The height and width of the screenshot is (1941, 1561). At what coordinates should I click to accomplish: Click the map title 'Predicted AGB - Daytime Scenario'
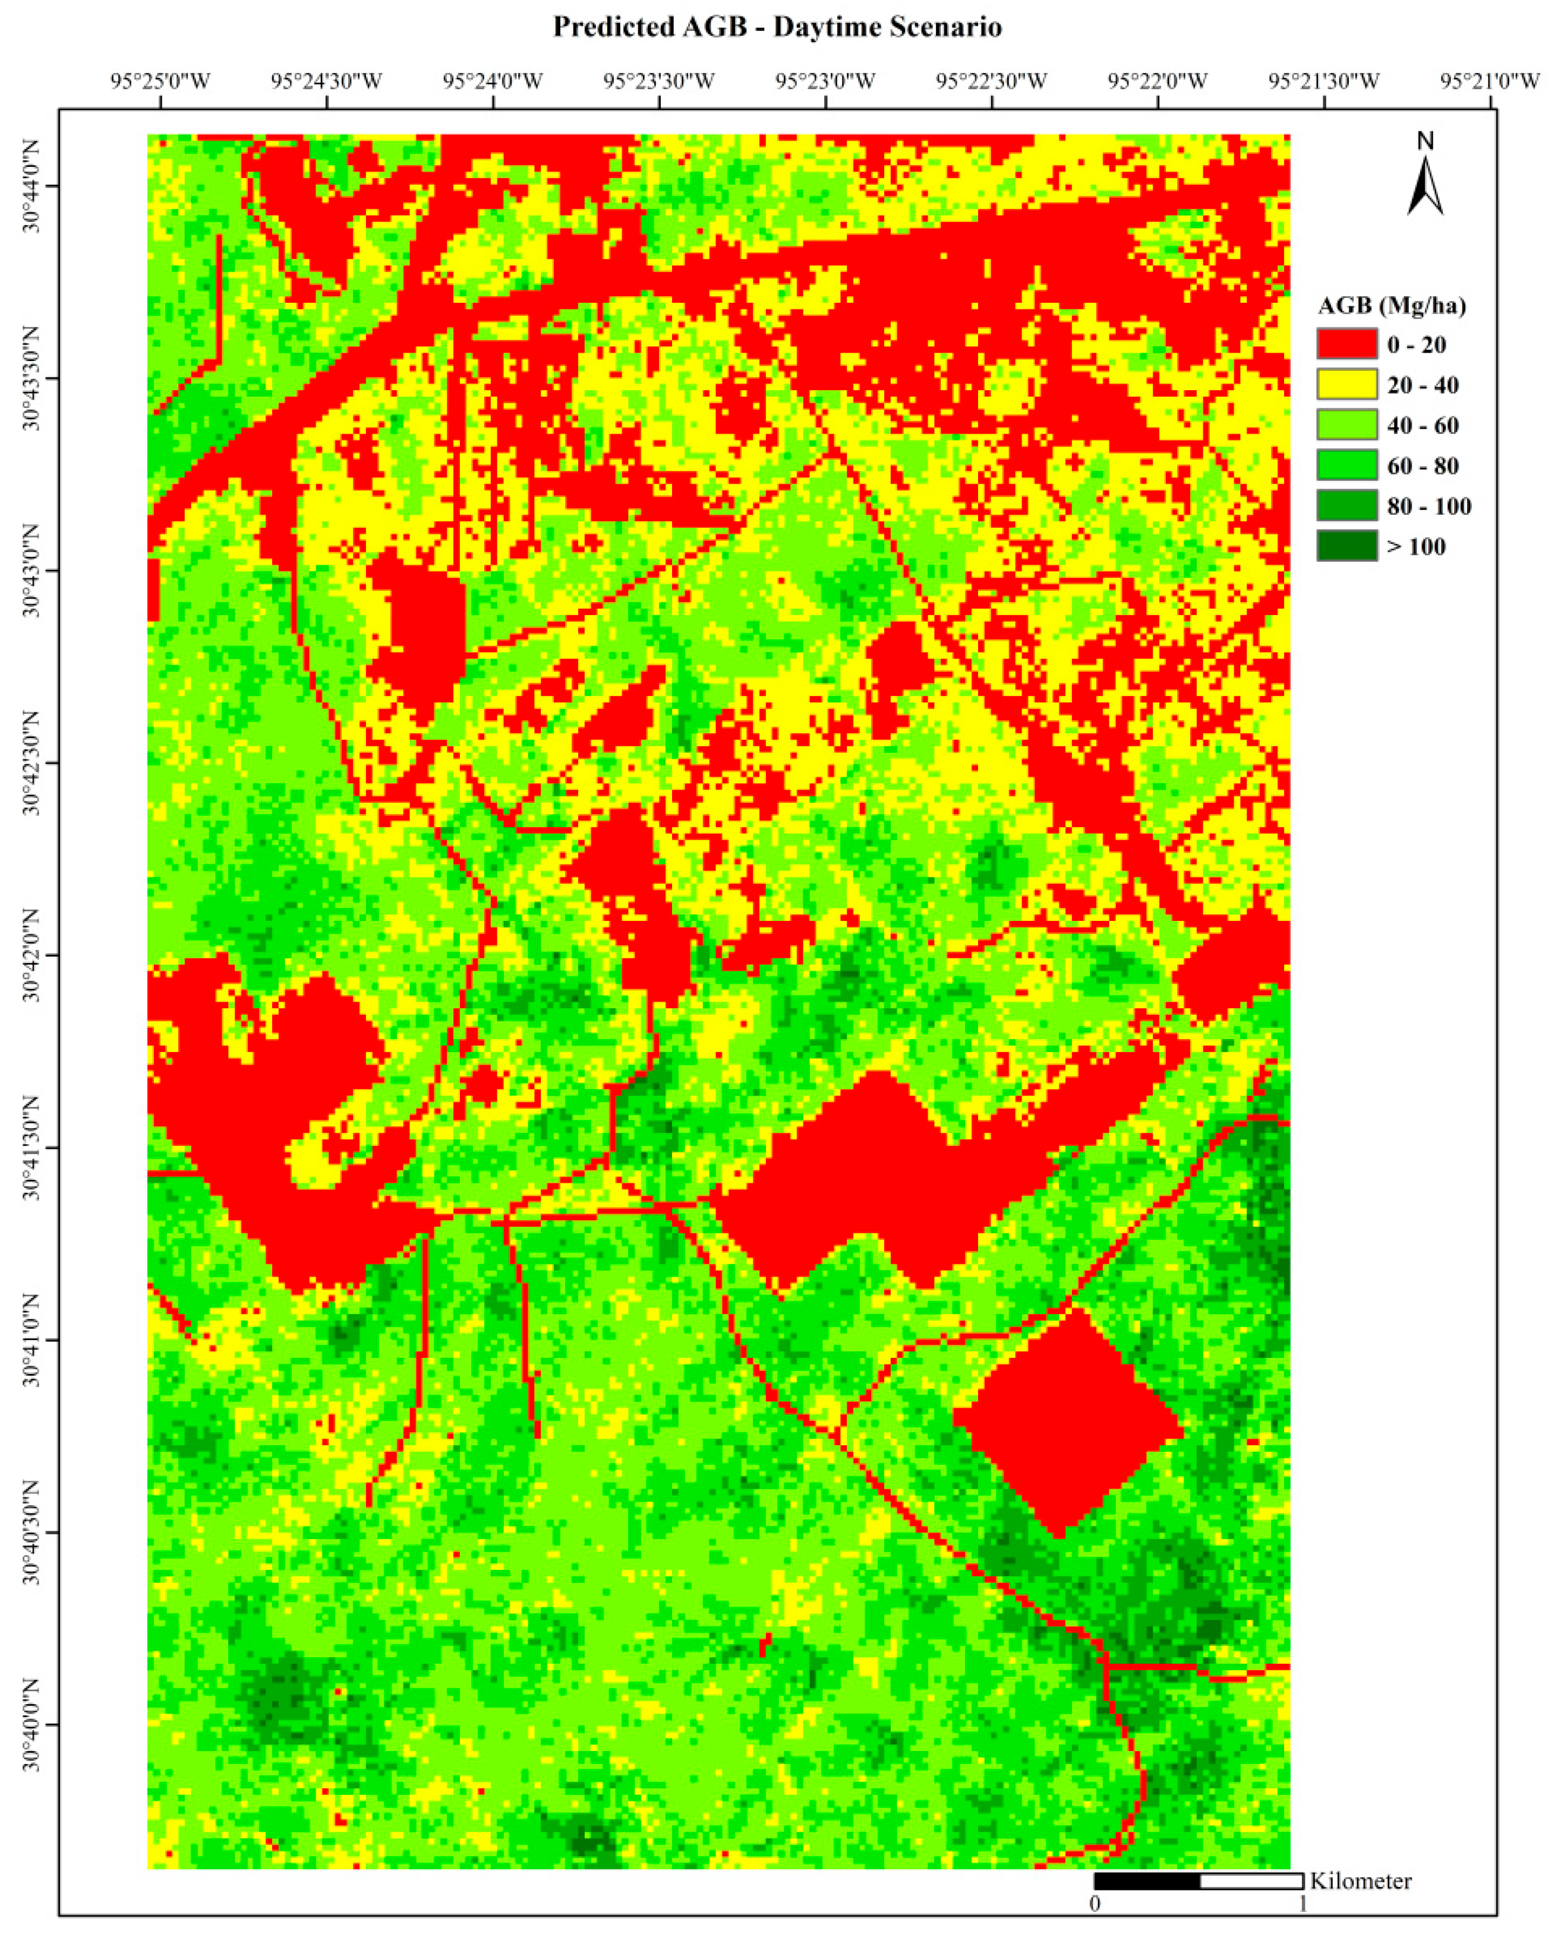tap(777, 27)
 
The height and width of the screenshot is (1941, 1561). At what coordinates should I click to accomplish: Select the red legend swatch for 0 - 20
tap(1346, 344)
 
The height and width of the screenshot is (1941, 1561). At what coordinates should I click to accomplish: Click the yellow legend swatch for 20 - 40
tap(1346, 384)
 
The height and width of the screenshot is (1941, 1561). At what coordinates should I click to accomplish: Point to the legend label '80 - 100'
tap(1428, 506)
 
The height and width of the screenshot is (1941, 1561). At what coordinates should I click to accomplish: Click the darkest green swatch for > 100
tap(1346, 546)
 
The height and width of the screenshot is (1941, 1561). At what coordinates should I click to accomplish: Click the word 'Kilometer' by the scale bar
tap(1360, 1880)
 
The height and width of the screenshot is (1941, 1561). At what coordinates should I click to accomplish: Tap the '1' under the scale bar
tap(1303, 1903)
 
